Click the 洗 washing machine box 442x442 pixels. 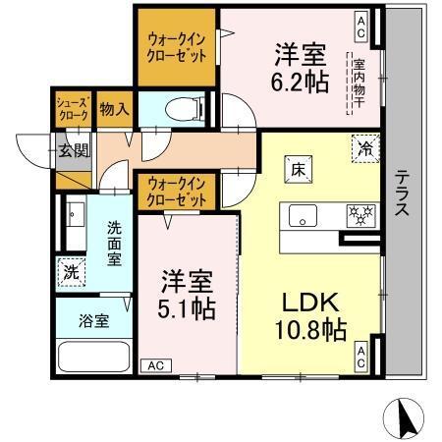(x=70, y=269)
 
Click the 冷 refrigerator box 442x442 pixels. (x=364, y=150)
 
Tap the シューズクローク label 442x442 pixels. (x=73, y=109)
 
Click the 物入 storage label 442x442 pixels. (x=114, y=108)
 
